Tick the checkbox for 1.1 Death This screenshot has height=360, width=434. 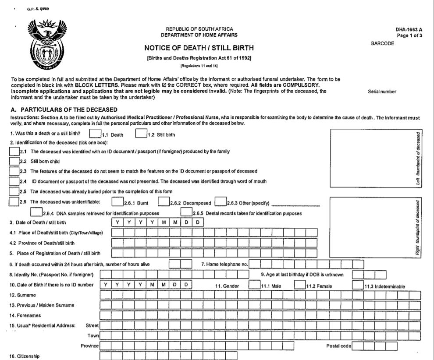[x=95, y=134]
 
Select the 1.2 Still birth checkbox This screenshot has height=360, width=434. [x=141, y=134]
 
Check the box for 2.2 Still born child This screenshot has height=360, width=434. [x=14, y=161]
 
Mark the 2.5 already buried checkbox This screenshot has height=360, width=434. [x=14, y=191]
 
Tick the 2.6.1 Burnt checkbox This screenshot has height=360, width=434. [x=117, y=202]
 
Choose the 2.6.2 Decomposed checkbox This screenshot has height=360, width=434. [x=163, y=202]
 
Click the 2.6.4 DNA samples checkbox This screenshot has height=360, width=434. [x=36, y=212]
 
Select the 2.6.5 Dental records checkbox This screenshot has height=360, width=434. [x=186, y=212]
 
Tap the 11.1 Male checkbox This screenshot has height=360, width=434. [x=254, y=285]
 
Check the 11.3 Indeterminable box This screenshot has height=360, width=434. [x=358, y=285]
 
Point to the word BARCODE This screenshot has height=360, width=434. [x=382, y=44]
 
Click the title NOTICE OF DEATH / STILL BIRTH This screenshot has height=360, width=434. [x=199, y=48]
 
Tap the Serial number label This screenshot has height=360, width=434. [x=382, y=92]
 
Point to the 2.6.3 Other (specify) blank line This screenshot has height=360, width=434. [x=299, y=204]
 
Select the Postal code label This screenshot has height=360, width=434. [x=338, y=346]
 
